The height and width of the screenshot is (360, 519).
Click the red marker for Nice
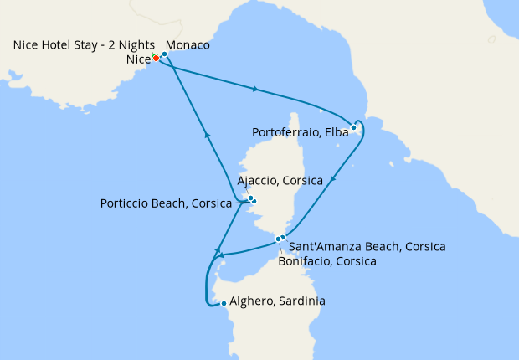[156, 59]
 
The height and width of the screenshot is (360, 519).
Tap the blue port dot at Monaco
[164, 54]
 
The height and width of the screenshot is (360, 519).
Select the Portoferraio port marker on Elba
[353, 128]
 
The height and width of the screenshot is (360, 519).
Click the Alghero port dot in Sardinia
[223, 303]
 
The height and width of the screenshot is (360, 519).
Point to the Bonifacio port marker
[278, 239]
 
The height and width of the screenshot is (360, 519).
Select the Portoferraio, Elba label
[300, 132]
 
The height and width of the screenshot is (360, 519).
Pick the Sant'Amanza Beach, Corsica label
[367, 247]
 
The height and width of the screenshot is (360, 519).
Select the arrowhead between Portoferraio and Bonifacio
[333, 179]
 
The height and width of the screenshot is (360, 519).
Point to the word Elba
[334, 132]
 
